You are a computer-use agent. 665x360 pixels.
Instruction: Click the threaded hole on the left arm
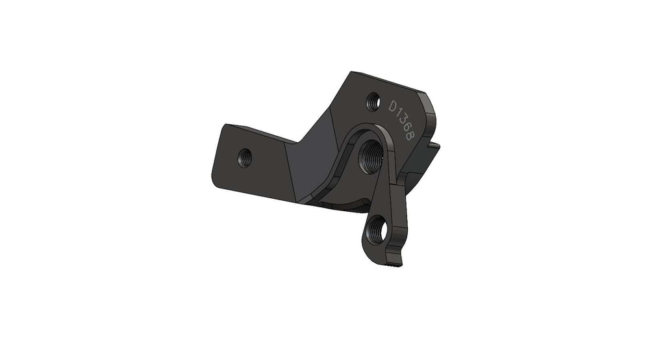click(245, 157)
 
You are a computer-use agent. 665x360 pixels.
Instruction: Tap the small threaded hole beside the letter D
click(373, 101)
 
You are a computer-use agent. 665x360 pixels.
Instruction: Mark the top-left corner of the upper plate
click(351, 73)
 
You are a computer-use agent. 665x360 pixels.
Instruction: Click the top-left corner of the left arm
click(224, 126)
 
